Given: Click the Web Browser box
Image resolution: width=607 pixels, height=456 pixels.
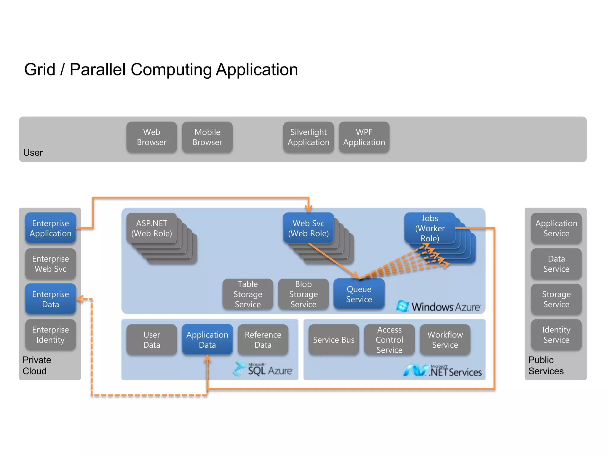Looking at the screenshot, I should click(151, 137).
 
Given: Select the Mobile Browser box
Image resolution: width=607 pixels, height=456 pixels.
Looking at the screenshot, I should click(207, 137).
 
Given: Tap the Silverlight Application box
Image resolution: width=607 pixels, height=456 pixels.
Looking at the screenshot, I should click(308, 137).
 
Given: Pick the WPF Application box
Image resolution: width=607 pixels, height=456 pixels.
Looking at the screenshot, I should click(364, 137).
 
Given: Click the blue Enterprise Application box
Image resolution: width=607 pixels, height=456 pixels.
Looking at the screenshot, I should click(50, 228).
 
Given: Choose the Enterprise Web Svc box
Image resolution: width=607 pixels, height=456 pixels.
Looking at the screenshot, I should click(50, 264).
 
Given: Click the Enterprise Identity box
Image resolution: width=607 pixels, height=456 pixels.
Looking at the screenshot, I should click(50, 335).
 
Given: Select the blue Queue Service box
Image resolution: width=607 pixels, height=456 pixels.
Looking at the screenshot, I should click(359, 294).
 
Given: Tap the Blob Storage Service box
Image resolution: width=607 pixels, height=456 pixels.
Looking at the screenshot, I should click(303, 294).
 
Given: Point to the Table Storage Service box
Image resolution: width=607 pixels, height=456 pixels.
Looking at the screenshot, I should click(248, 294).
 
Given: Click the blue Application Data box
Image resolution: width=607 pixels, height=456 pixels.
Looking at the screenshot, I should click(207, 339).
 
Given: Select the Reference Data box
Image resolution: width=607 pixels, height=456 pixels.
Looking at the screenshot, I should click(263, 339).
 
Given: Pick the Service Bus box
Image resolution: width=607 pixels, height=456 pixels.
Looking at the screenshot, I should click(333, 339).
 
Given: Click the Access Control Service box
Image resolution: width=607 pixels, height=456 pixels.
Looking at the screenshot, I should click(389, 339).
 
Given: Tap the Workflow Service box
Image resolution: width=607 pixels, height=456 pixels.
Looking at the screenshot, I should click(445, 339).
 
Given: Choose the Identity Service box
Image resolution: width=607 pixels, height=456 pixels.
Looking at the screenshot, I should click(556, 335).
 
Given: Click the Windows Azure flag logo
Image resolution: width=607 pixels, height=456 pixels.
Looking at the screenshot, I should click(402, 306).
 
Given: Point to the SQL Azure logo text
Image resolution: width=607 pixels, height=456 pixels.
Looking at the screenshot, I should click(270, 370).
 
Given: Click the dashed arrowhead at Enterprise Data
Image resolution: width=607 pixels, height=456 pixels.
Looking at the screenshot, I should click(79, 299).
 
